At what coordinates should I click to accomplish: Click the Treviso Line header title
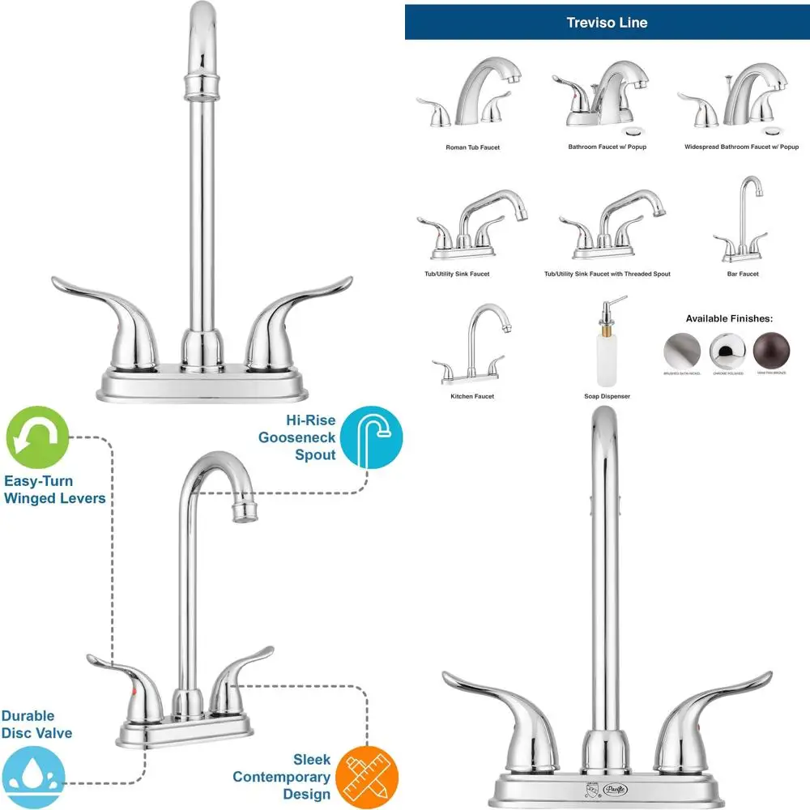(607, 23)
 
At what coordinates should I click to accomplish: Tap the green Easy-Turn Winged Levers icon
(37, 440)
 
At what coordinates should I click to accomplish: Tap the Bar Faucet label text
(743, 274)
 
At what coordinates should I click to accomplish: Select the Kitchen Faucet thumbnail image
(472, 344)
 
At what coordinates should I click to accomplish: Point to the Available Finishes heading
(729, 318)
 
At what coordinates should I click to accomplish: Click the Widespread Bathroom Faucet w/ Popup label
(741, 147)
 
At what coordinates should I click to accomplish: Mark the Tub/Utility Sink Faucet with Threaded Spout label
(607, 274)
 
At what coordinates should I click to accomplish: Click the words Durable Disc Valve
(36, 725)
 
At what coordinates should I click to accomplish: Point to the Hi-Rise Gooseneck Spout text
(297, 438)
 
